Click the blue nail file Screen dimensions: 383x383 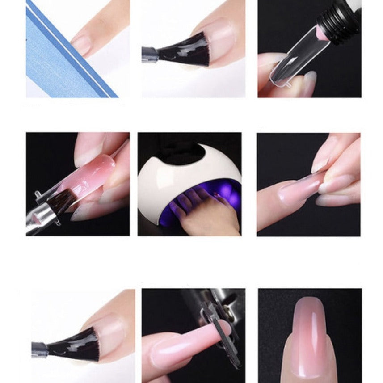(x=54, y=58)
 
